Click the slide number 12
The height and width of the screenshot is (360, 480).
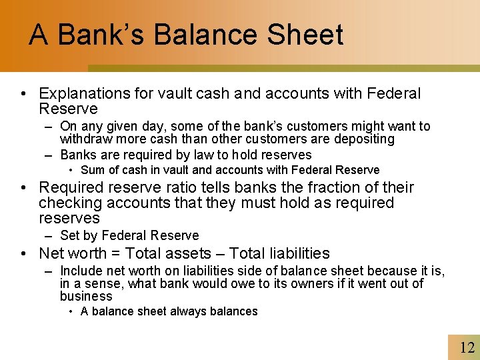[x=467, y=347]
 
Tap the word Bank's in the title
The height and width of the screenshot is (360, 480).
[x=103, y=35]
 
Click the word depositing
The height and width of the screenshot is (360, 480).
[x=364, y=139]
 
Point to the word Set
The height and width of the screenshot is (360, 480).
[x=70, y=235]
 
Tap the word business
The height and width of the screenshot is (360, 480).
[x=86, y=296]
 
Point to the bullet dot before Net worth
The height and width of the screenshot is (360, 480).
[x=23, y=254]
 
